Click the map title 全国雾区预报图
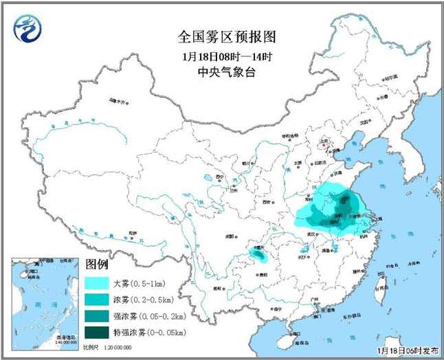[217, 36]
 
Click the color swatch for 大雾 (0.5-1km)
[96, 282]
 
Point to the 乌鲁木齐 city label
[118, 101]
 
